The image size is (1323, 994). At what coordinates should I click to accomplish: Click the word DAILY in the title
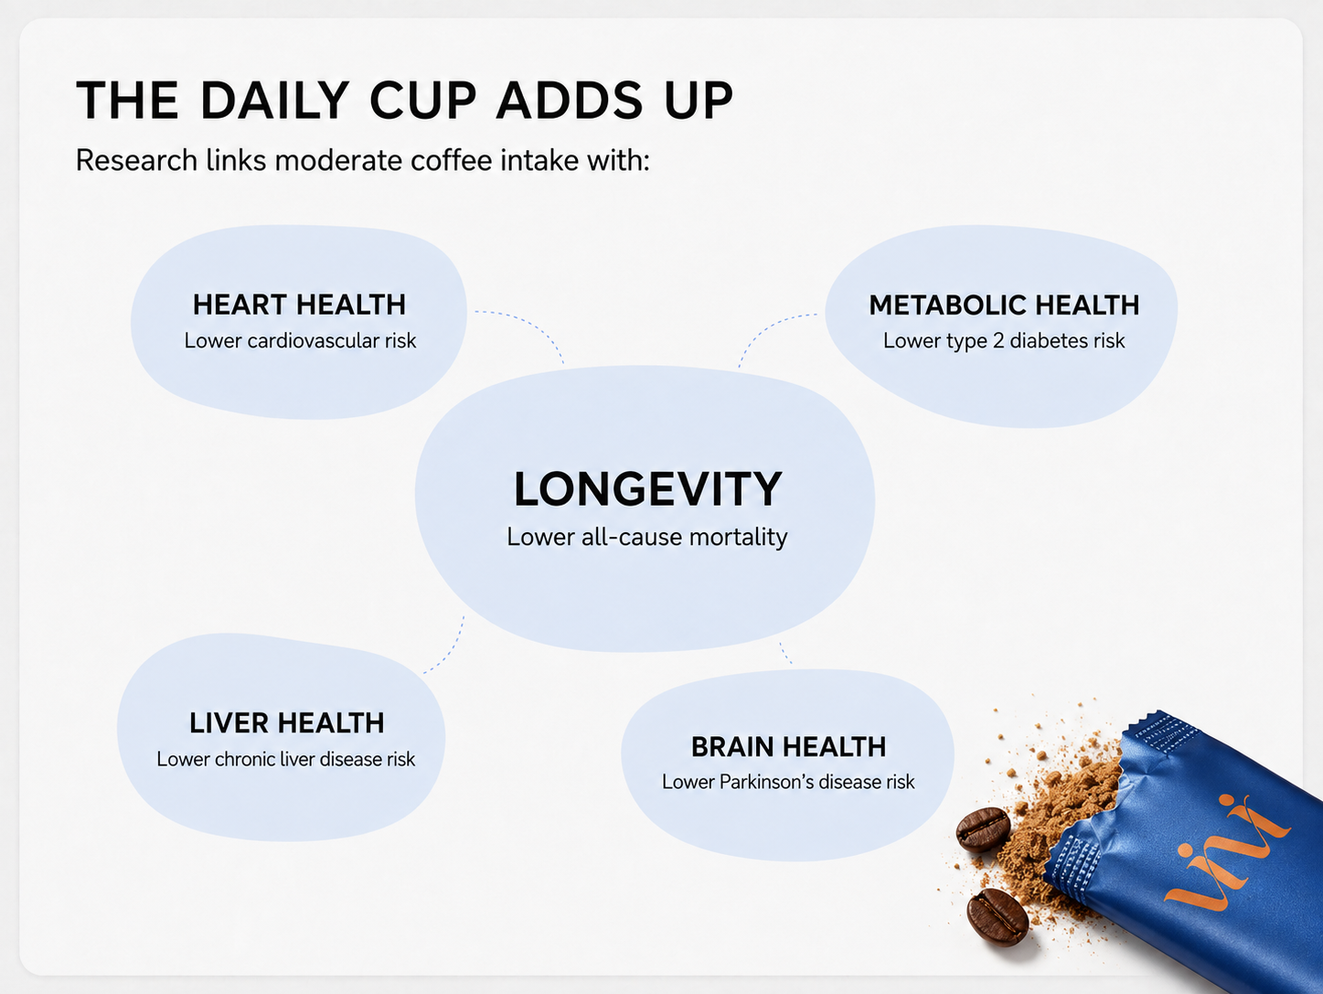tap(275, 100)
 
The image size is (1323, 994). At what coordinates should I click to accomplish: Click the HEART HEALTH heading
tap(300, 305)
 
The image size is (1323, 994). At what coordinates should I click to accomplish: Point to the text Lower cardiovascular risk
tap(300, 340)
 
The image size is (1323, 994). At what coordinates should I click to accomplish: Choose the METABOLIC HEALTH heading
tap(1004, 305)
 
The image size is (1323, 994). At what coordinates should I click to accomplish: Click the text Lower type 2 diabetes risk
tap(1004, 340)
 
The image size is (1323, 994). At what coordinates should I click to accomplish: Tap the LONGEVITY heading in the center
tap(648, 489)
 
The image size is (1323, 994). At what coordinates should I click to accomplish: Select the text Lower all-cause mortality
tap(647, 537)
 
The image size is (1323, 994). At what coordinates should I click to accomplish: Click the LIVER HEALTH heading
tap(287, 723)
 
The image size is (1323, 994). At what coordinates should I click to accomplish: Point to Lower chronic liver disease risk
tap(285, 759)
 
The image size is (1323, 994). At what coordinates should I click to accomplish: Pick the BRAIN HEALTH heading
tap(788, 747)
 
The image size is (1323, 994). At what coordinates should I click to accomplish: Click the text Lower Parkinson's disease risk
tap(788, 782)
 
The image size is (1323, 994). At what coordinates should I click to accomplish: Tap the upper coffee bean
tap(983, 828)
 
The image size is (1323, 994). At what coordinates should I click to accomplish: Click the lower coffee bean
tap(998, 917)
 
